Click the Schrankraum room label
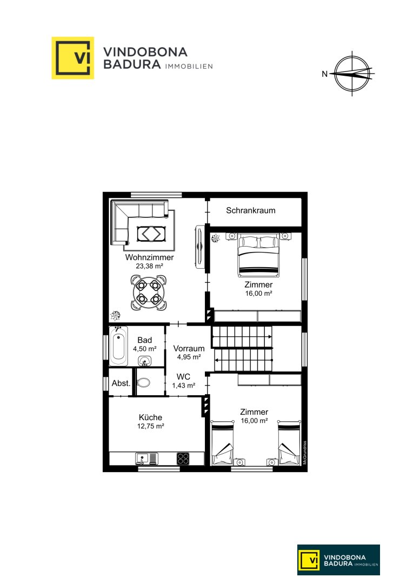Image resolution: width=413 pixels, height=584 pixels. coord(251,210)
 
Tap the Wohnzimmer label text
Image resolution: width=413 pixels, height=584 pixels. coord(149,257)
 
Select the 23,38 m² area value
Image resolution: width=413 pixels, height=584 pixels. coord(149,266)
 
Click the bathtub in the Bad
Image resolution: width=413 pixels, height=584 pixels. coord(118,346)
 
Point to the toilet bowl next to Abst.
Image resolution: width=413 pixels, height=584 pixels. coord(144,382)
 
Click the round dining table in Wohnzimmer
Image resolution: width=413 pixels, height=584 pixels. coord(149,293)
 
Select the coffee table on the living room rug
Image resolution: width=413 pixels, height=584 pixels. coord(149,234)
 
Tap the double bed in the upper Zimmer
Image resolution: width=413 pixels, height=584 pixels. coord(258,255)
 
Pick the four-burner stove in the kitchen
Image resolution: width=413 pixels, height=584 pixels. coord(183,459)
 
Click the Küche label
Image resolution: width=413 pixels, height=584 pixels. coord(150,417)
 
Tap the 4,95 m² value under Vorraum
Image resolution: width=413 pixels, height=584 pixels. coord(189,357)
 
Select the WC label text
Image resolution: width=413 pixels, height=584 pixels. coord(183,377)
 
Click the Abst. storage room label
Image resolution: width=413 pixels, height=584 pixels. coord(121,383)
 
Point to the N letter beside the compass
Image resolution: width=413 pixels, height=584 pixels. coord(325,74)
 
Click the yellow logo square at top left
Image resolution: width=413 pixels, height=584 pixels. coord(72,58)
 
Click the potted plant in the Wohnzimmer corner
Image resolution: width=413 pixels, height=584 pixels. coord(115,315)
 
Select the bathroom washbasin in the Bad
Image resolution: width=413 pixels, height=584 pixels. coord(144,360)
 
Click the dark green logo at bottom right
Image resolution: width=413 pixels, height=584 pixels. coord(338,560)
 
